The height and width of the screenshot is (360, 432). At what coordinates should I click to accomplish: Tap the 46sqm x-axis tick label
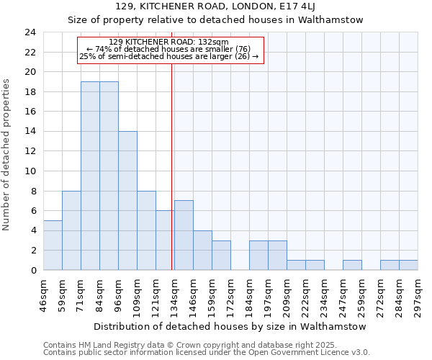coord(44,296)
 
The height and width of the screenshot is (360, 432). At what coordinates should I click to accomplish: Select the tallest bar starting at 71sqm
coord(90,176)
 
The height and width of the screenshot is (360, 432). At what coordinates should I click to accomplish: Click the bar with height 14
coord(127,201)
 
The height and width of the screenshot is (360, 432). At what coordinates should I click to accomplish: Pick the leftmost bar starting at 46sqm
coord(53,246)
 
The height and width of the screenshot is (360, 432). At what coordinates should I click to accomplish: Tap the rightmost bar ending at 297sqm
coord(408,265)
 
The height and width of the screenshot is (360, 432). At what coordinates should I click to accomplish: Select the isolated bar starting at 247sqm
coord(352,265)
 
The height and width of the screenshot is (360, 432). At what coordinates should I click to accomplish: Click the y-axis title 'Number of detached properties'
coord(7,156)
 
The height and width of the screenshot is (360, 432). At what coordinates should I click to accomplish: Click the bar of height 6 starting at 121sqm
coord(165,240)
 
